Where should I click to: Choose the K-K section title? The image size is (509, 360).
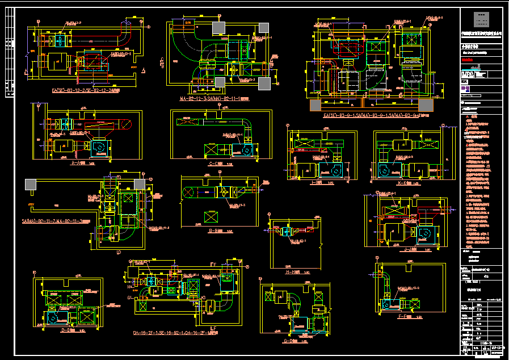pyautogui.click(x=405, y=183)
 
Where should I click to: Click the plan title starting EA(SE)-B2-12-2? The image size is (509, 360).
pyautogui.click(x=85, y=90)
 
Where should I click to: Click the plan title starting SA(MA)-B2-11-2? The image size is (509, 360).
pyautogui.click(x=56, y=221)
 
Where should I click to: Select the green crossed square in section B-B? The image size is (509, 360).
pyautogui.click(x=212, y=216)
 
